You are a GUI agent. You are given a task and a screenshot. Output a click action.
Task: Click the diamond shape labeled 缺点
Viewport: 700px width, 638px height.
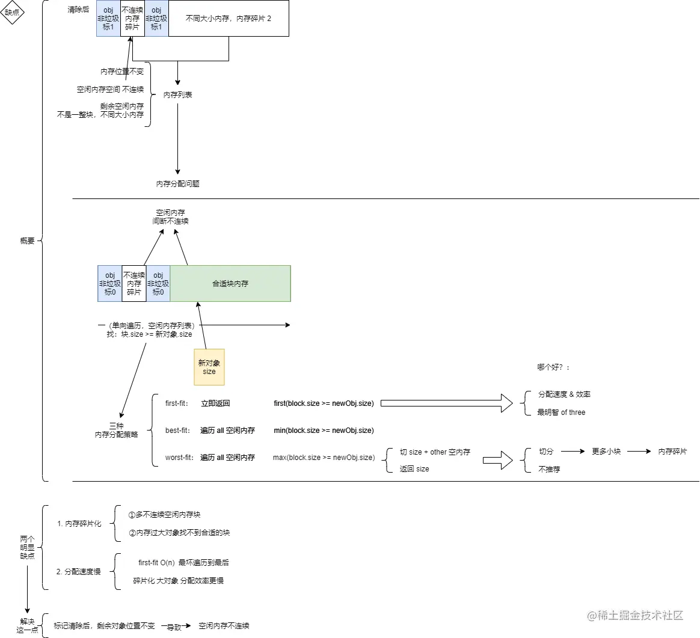pyautogui.click(x=12, y=13)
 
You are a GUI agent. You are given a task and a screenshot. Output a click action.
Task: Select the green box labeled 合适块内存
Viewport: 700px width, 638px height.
pyautogui.click(x=230, y=283)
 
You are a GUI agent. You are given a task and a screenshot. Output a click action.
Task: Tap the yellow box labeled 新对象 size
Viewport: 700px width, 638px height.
pyautogui.click(x=209, y=367)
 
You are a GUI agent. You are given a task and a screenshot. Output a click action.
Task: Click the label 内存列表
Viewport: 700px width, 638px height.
pyautogui.click(x=178, y=95)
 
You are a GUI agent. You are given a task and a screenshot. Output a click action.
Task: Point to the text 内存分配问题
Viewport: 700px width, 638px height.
pyautogui.click(x=177, y=184)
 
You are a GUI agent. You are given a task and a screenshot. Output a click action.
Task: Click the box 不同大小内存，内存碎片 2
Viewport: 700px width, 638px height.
pyautogui.click(x=229, y=19)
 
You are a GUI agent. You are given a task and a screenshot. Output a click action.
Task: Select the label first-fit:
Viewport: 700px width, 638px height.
pyautogui.click(x=177, y=403)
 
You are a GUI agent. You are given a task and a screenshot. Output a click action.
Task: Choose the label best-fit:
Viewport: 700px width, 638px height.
pyautogui.click(x=177, y=431)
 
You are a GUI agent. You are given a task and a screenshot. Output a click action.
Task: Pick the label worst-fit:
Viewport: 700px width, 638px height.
pyautogui.click(x=179, y=458)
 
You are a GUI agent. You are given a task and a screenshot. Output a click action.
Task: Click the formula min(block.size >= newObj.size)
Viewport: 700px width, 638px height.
pyautogui.click(x=324, y=431)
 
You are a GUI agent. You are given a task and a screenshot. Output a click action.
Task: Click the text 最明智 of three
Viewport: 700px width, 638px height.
pyautogui.click(x=561, y=413)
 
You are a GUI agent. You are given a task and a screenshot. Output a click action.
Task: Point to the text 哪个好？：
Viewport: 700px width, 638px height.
pyautogui.click(x=553, y=367)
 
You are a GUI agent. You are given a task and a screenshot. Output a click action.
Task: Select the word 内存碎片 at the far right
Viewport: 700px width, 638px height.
pyautogui.click(x=672, y=452)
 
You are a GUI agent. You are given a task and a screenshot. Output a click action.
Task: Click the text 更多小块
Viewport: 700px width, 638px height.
pyautogui.click(x=606, y=452)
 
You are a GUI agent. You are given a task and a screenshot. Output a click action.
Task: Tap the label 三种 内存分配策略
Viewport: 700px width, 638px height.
pyautogui.click(x=116, y=430)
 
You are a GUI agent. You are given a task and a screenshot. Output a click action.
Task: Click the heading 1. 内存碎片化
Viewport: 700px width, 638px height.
pyautogui.click(x=79, y=524)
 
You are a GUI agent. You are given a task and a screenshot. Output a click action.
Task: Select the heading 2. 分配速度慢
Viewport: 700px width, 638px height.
pyautogui.click(x=79, y=572)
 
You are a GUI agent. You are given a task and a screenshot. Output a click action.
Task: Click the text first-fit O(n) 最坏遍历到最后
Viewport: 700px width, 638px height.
pyautogui.click(x=183, y=563)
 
